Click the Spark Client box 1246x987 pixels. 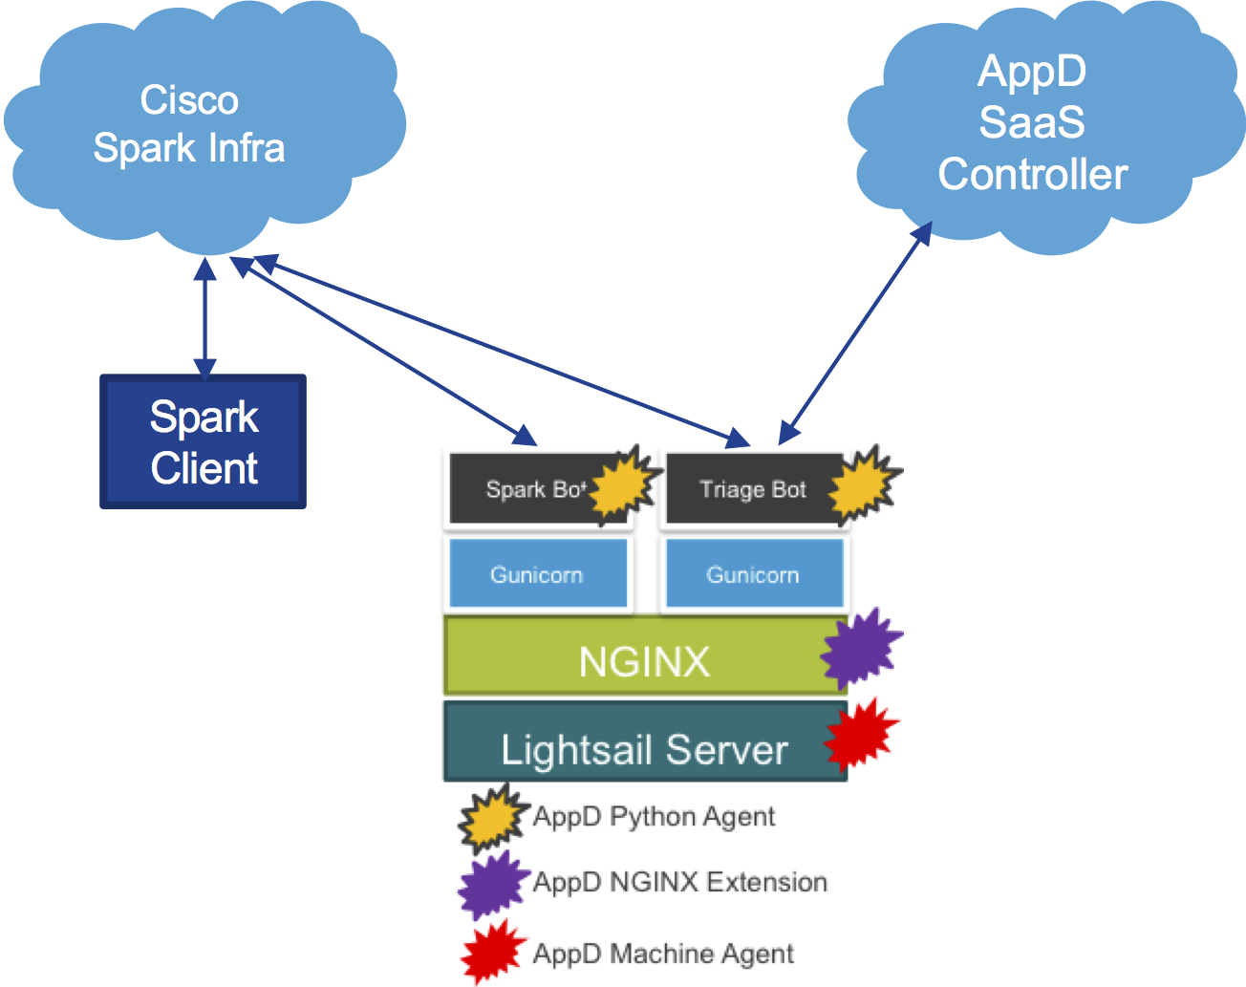tap(204, 441)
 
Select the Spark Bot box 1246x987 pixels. tap(521, 489)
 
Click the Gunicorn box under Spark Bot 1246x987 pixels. tap(537, 574)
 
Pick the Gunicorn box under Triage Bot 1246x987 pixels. tap(753, 574)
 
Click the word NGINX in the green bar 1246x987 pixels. tap(644, 661)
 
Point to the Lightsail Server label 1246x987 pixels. tap(644, 750)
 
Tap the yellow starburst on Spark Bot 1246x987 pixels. tap(623, 485)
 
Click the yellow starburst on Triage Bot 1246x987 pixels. tap(863, 485)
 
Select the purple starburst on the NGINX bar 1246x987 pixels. tap(860, 649)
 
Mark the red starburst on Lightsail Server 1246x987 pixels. tap(860, 736)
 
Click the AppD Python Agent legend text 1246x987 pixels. tap(654, 817)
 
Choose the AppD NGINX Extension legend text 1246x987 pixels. tap(679, 882)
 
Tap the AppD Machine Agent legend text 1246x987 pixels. tap(663, 954)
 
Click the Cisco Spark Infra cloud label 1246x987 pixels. tap(189, 124)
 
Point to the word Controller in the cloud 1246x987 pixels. tap(1032, 175)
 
